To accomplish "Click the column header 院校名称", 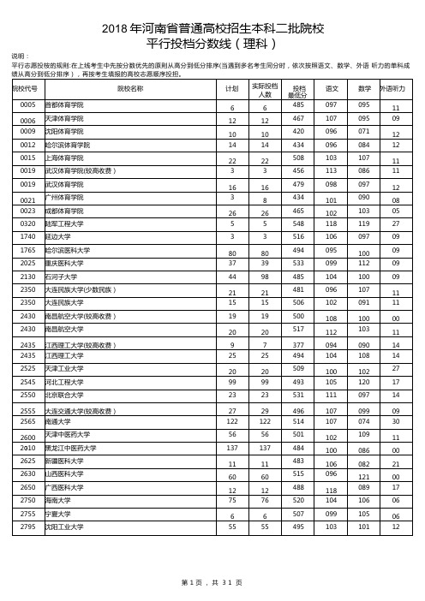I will click(x=130, y=88).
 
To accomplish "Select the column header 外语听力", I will click(x=396, y=88).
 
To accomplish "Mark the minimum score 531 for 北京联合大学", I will click(x=298, y=396).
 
